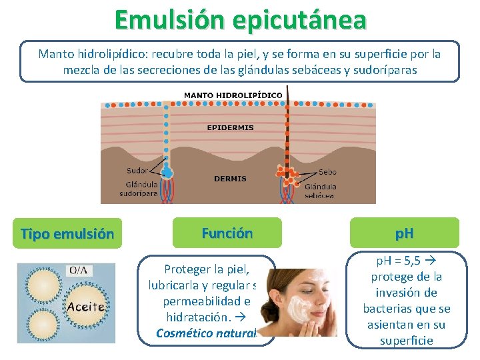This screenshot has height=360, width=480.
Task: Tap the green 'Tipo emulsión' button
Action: (67, 234)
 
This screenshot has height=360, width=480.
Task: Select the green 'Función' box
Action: (227, 233)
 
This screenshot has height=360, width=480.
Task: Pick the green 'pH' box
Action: (403, 233)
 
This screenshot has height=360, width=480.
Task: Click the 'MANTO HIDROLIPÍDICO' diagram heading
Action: (233, 95)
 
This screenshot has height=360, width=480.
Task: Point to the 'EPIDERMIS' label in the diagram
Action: (230, 127)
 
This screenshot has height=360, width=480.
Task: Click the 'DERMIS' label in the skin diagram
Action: (230, 179)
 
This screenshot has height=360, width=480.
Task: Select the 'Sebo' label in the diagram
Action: (327, 172)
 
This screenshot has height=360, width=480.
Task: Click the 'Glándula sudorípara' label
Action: (139, 189)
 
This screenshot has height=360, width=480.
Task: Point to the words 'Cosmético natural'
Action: (206, 333)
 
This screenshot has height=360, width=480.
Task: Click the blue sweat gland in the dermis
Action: (167, 172)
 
